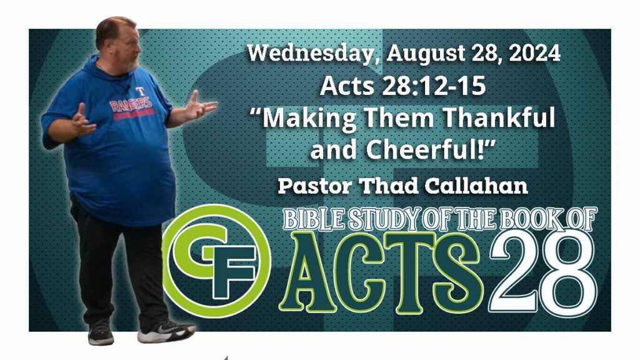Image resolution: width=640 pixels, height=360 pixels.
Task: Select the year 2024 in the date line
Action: point(535,53)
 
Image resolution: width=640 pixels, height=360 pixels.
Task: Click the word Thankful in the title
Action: point(499,117)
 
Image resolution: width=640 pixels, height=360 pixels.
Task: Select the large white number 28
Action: point(543,270)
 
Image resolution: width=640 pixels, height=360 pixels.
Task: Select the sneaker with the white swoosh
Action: point(166,331)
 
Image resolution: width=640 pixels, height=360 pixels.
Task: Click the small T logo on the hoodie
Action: point(141,91)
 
